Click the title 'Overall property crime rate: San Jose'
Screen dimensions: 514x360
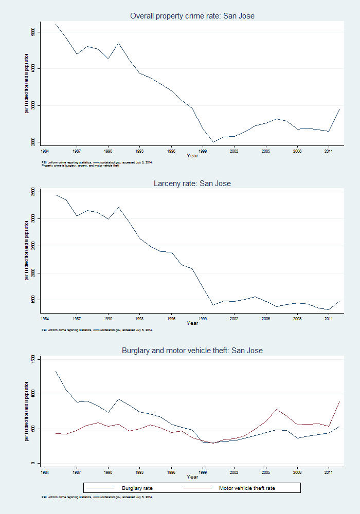point(192,16)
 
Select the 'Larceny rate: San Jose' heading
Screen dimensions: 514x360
point(192,183)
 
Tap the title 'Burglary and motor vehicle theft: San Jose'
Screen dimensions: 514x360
point(192,351)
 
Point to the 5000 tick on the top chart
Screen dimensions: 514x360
point(32,32)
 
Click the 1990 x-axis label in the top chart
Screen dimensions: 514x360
point(108,152)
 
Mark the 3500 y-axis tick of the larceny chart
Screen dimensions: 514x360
point(32,192)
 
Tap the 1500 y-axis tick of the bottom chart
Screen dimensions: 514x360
point(32,359)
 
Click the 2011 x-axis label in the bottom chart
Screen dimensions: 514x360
point(329,470)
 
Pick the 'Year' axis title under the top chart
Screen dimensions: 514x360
point(192,155)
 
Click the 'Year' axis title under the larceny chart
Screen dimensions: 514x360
point(192,323)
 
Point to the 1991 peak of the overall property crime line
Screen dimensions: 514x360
point(119,43)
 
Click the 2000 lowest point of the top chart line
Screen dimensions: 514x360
point(213,142)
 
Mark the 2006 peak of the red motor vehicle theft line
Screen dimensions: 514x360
point(276,409)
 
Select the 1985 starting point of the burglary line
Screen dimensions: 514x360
point(56,371)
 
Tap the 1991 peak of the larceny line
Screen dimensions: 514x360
point(119,207)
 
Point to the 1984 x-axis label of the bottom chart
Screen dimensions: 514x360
point(45,470)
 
